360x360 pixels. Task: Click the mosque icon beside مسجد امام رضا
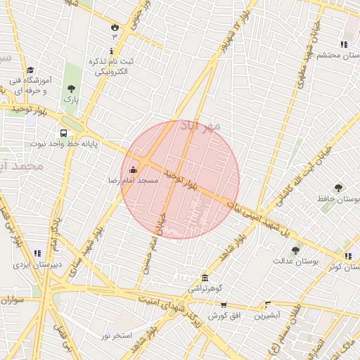[134, 169]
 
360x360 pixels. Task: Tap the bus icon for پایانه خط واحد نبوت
[64, 133]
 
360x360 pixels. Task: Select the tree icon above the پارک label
[71, 89]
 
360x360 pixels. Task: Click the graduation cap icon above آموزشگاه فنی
[30, 70]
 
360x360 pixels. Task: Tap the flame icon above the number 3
[115, 25]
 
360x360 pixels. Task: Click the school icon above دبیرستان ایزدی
[37, 253]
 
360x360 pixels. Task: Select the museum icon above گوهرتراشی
[205, 278]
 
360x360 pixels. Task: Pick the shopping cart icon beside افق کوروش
[224, 305]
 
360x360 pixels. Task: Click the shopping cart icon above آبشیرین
[267, 305]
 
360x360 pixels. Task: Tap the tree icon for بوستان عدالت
[295, 250]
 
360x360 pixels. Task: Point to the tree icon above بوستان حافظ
[338, 188]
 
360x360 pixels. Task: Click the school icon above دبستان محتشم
[343, 44]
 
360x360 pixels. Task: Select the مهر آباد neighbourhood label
[201, 126]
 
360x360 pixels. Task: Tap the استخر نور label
[117, 335]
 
